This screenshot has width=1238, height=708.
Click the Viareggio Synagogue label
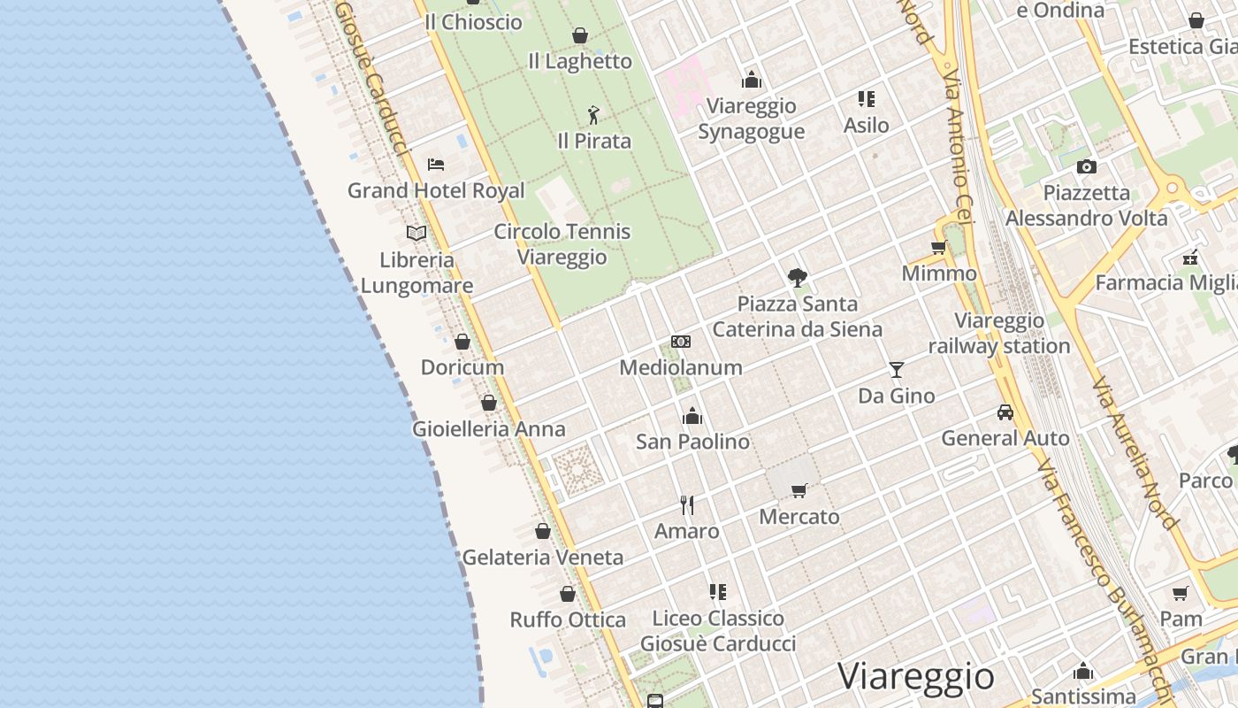(x=752, y=119)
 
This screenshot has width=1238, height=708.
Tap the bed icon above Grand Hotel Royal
(x=435, y=164)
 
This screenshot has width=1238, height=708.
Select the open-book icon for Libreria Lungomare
(x=416, y=233)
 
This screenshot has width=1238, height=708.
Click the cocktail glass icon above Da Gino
(x=897, y=369)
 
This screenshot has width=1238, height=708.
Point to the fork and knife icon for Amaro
(x=687, y=505)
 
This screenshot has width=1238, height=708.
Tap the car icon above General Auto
(x=1005, y=412)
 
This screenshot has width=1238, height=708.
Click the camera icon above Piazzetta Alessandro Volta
(x=1087, y=166)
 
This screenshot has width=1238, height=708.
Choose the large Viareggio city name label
(x=916, y=676)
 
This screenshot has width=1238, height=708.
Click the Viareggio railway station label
(x=999, y=334)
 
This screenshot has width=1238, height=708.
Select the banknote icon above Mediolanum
(x=681, y=342)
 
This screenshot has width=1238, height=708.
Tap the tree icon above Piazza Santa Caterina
(x=798, y=278)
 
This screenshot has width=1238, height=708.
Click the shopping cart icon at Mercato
(x=799, y=490)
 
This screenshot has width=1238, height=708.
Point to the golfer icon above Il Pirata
(x=593, y=115)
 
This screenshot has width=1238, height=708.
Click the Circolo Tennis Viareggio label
(x=562, y=244)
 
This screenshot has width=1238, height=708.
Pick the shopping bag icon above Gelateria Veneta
(x=543, y=531)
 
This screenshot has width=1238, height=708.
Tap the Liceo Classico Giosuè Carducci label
(x=718, y=630)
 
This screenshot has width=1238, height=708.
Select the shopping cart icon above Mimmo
(x=939, y=247)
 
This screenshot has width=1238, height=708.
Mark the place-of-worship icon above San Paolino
(x=692, y=415)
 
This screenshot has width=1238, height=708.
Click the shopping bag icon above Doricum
(x=462, y=342)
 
